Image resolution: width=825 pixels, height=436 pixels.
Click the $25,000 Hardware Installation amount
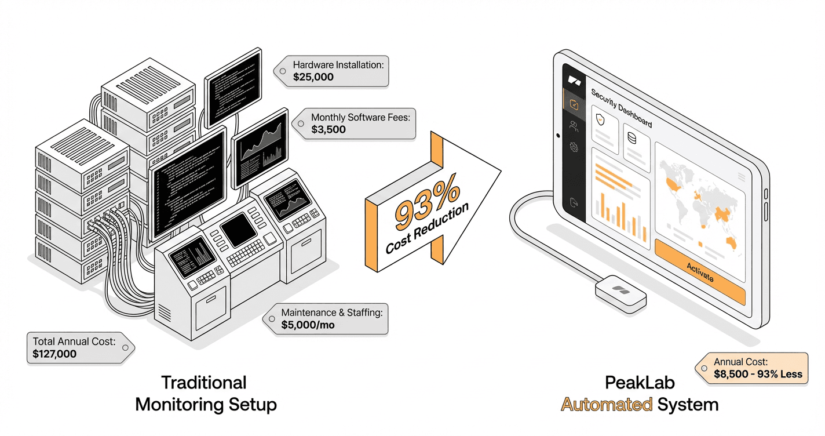313,77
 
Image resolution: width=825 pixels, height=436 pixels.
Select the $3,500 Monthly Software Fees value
328,129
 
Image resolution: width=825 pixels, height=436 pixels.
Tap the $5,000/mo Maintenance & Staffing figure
308,325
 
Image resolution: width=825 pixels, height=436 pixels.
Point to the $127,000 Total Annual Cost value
54,354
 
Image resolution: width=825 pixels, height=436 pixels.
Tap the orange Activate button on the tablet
699,272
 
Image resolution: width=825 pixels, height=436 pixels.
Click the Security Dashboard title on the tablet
621,108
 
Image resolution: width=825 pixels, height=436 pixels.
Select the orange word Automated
607,404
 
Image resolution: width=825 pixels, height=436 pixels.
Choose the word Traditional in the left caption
203,383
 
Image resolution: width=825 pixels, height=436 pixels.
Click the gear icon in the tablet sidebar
573,147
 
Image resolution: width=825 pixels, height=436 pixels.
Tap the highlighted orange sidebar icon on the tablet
574,105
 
